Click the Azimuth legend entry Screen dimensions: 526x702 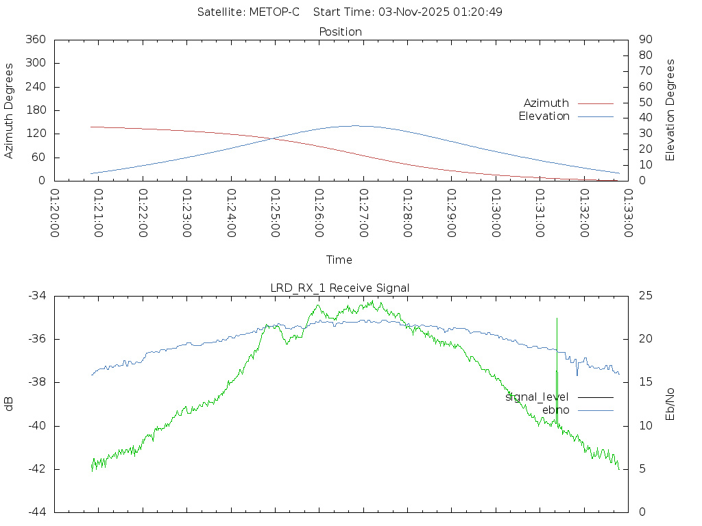tap(546, 103)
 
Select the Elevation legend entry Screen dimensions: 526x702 tap(544, 116)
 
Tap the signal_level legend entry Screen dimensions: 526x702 tap(537, 397)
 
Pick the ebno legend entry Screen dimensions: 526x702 tap(555, 410)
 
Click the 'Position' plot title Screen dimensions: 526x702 tap(340, 32)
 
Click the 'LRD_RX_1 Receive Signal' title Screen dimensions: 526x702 tap(340, 288)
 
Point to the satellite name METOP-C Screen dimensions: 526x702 tap(274, 12)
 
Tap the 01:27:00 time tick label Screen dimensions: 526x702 tap(363, 213)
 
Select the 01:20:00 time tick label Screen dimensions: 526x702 tap(55, 213)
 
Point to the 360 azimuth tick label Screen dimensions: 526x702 tap(35, 40)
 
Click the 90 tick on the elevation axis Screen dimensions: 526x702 tap(644, 40)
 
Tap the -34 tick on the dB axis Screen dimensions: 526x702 tap(36, 296)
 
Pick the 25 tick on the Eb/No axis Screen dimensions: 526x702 tap(644, 296)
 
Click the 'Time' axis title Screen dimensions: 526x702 tap(339, 260)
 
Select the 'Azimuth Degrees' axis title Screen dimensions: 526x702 tap(10, 110)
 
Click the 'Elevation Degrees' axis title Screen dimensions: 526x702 tap(670, 110)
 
